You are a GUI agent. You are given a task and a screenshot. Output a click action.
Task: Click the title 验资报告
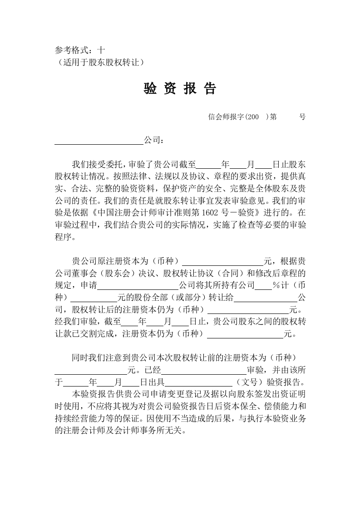click(x=180, y=89)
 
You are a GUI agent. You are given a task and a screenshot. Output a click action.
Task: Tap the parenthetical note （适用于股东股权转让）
click(x=101, y=62)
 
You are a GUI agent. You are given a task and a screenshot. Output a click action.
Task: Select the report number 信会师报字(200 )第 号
click(x=256, y=117)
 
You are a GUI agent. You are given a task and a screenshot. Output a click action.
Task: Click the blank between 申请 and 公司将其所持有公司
click(x=138, y=286)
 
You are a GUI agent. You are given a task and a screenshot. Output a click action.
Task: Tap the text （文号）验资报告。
click(x=270, y=381)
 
